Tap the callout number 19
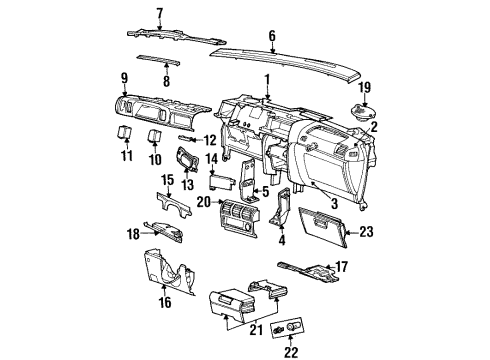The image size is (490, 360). (366, 87)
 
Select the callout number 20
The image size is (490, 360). (203, 200)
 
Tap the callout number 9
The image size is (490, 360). (124, 77)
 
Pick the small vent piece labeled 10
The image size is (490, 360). (155, 137)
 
